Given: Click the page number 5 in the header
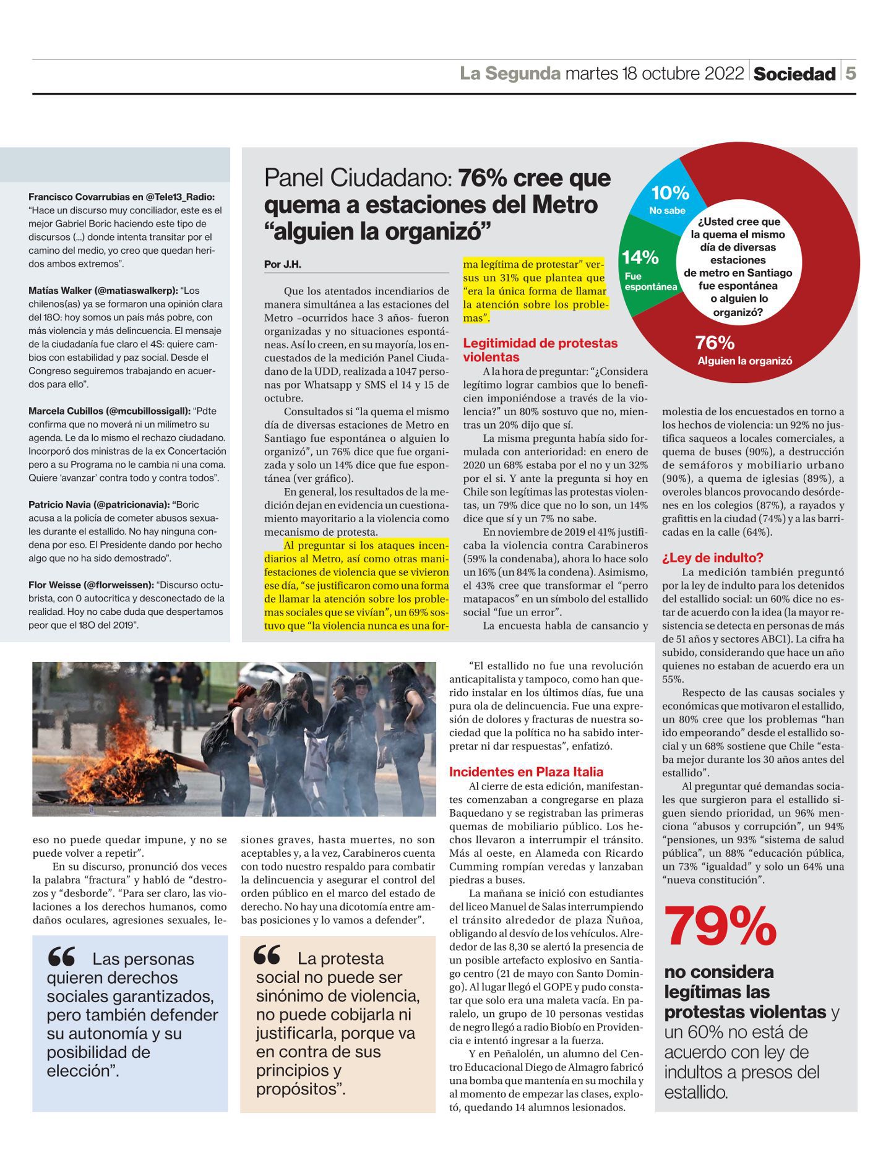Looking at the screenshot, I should click(x=851, y=74).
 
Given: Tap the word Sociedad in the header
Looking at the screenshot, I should click(x=794, y=74).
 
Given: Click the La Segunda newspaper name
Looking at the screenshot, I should click(x=510, y=74).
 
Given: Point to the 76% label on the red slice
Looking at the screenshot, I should click(x=715, y=342).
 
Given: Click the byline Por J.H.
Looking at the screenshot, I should click(x=283, y=264).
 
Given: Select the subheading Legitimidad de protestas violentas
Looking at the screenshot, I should click(x=540, y=350).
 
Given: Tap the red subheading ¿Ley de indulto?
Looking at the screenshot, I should click(x=713, y=557).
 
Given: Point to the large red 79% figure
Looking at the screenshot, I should click(x=720, y=926).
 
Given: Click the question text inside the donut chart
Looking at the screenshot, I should click(x=738, y=266).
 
